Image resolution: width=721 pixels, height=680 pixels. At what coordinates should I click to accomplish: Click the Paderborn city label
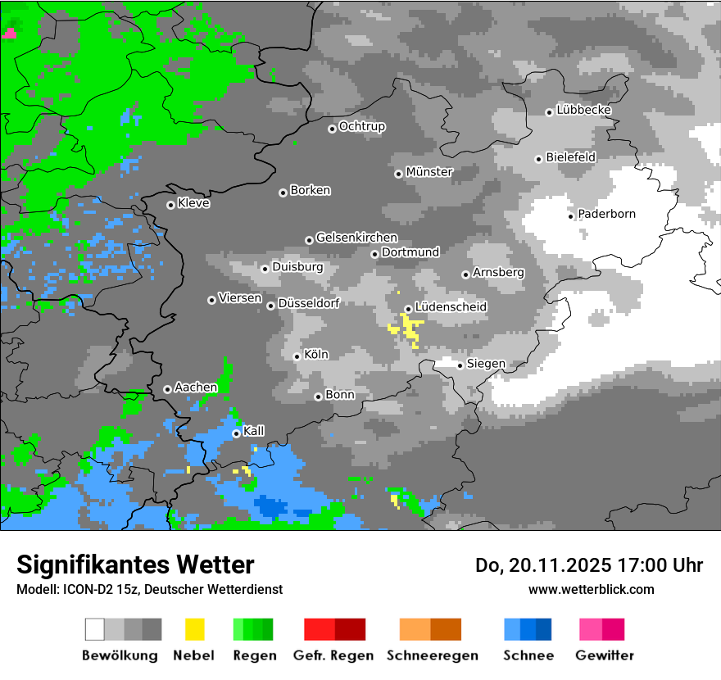click(606, 215)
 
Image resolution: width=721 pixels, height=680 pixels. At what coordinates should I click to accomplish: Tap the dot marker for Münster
click(398, 174)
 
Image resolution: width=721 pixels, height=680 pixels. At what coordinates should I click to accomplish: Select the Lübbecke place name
click(583, 110)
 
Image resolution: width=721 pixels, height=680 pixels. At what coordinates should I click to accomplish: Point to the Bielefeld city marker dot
click(538, 159)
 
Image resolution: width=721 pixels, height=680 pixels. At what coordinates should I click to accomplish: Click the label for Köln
click(315, 355)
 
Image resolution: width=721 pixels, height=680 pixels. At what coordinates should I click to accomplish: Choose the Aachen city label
click(196, 388)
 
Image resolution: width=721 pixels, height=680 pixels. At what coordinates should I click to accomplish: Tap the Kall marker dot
click(236, 433)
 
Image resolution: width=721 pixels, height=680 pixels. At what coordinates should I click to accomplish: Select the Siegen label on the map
click(486, 364)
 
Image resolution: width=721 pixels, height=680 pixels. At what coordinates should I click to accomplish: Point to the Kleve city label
click(193, 203)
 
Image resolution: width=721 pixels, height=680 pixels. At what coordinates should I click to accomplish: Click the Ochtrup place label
click(361, 127)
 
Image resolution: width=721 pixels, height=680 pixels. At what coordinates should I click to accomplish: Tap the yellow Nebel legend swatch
click(194, 629)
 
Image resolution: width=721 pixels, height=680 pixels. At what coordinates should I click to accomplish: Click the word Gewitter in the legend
click(604, 655)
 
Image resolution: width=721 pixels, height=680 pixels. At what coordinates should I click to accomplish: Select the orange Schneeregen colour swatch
click(430, 629)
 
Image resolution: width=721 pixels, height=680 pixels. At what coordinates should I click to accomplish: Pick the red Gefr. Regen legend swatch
click(334, 629)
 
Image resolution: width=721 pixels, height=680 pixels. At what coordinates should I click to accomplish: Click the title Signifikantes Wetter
click(135, 564)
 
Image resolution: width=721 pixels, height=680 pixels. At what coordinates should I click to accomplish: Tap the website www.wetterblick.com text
click(591, 589)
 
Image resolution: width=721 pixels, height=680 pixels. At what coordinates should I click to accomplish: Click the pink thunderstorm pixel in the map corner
click(9, 34)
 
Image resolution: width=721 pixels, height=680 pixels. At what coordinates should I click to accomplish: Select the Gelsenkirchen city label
click(356, 238)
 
